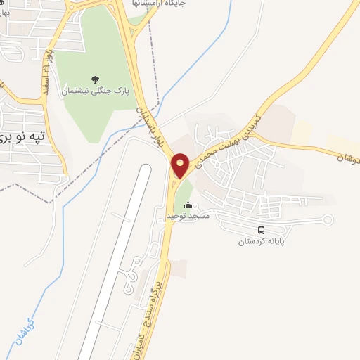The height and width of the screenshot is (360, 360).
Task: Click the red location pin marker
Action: pos(180,165)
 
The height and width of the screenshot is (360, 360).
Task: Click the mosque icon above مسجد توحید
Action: pos(188,205)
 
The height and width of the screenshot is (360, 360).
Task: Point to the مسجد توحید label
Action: pos(188,214)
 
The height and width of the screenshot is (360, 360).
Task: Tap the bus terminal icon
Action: pos(262,230)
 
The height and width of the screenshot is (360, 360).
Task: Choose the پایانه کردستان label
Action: pos(262,241)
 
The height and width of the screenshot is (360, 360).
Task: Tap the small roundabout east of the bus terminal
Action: pos(326,220)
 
